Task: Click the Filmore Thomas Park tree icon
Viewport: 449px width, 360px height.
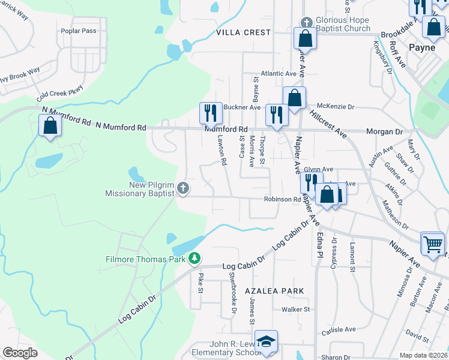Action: (x=194, y=259)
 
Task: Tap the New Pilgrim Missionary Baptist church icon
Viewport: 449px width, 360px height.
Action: (x=184, y=190)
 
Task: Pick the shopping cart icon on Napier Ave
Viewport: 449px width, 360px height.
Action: (x=433, y=243)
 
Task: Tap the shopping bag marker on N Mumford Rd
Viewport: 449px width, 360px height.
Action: (x=50, y=125)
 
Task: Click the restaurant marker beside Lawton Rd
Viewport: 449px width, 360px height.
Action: (x=211, y=112)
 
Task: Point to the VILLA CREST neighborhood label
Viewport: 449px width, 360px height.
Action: (x=243, y=32)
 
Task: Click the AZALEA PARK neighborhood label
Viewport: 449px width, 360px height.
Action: (x=274, y=290)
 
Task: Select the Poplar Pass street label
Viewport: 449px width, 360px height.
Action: (x=82, y=31)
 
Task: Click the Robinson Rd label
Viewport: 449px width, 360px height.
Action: (x=282, y=199)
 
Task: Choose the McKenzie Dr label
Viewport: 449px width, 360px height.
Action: (x=335, y=107)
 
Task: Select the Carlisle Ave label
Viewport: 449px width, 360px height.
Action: (x=339, y=329)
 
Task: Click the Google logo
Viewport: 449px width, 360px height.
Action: (x=20, y=353)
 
